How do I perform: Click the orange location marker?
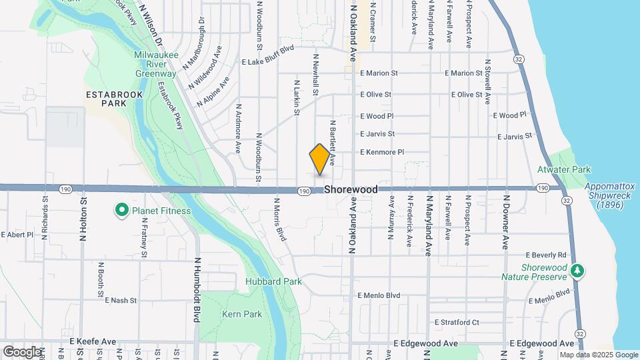[x=320, y=159]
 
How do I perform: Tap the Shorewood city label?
[x=351, y=189]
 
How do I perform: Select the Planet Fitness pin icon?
[x=121, y=211]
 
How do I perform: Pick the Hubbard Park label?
[x=273, y=281]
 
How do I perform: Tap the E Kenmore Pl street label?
[x=382, y=152]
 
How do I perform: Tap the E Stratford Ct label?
[x=457, y=322]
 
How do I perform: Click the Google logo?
[x=22, y=351]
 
